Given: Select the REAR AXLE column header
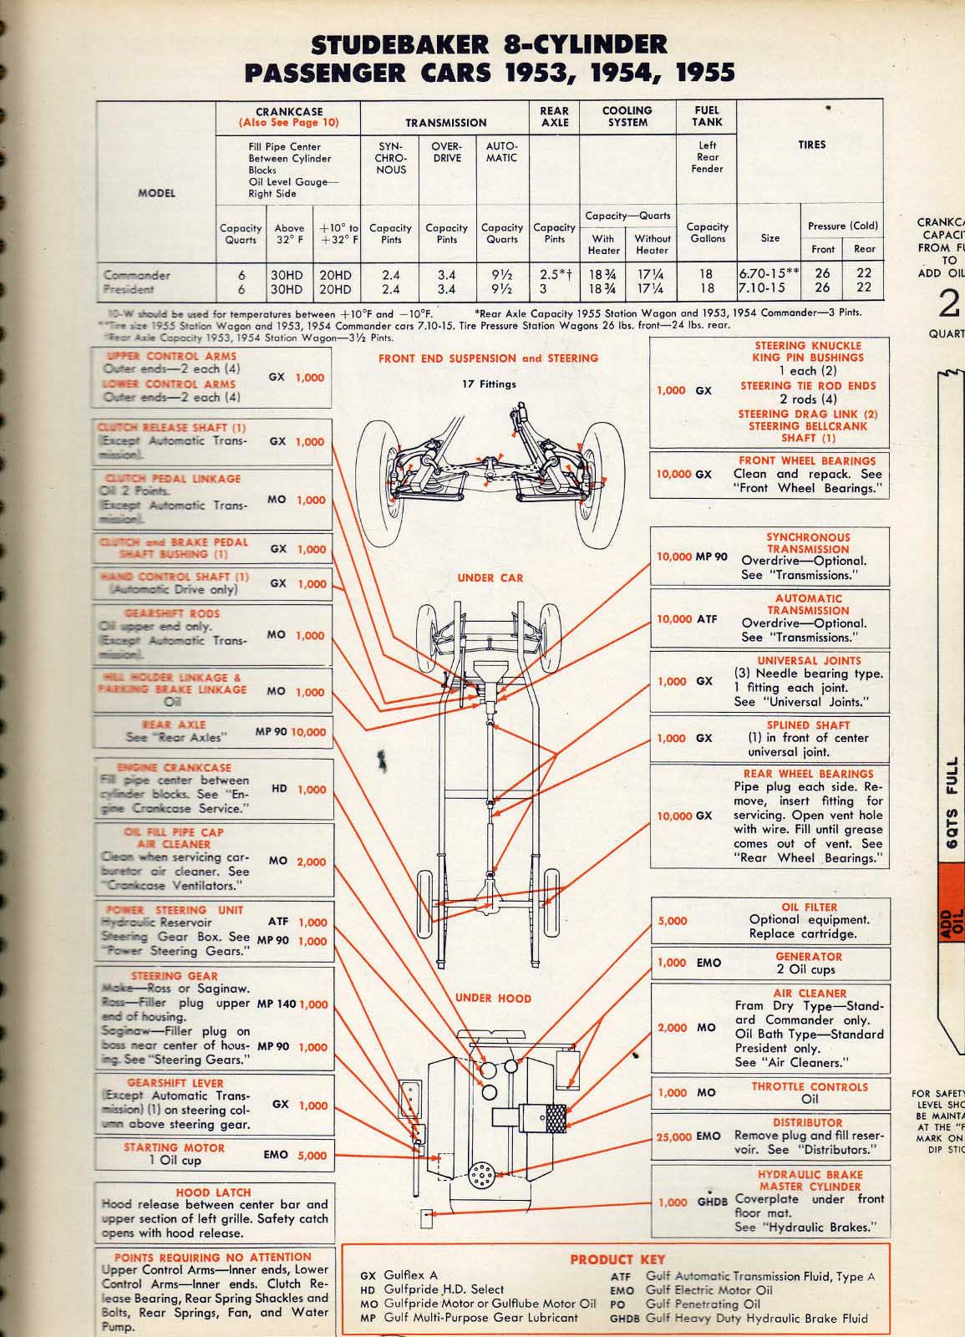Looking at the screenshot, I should (x=554, y=116).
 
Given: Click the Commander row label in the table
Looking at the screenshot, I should (x=136, y=275).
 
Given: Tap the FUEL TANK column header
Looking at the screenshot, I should (x=708, y=116).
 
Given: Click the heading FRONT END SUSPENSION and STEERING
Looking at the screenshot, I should (x=488, y=358).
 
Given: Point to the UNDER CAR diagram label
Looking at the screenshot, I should (x=489, y=577).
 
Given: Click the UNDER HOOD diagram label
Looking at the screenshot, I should (x=493, y=998).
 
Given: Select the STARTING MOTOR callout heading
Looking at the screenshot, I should (x=175, y=1147).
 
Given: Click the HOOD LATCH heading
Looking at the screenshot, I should (x=213, y=1192).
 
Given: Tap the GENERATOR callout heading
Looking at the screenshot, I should (x=809, y=957).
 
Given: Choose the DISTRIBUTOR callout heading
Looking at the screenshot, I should (x=807, y=1122).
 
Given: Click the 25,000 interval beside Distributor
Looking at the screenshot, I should (x=674, y=1136).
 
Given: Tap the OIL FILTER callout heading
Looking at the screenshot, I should (x=809, y=907).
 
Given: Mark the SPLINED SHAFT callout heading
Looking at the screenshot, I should (x=808, y=725).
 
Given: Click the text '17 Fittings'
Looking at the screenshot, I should (x=489, y=384).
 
